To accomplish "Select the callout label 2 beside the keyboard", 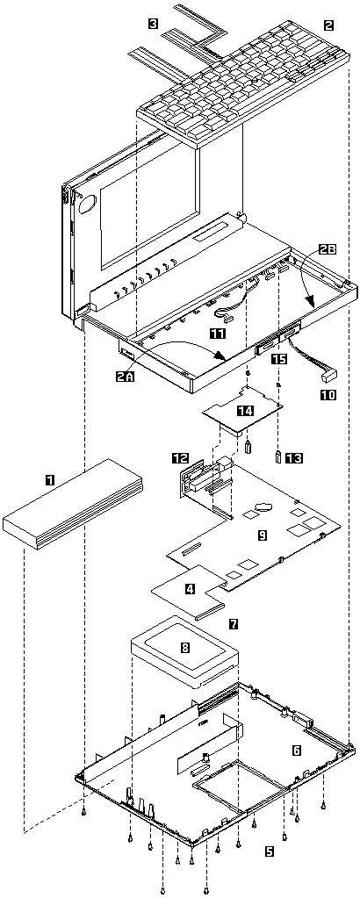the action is pyautogui.click(x=328, y=25).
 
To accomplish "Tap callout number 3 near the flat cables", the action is pyautogui.click(x=153, y=24).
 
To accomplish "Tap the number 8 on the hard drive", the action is pyautogui.click(x=184, y=648).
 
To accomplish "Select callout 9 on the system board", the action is pyautogui.click(x=262, y=535).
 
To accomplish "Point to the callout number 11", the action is pyautogui.click(x=217, y=333).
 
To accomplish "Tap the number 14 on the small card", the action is pyautogui.click(x=245, y=410).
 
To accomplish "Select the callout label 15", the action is pyautogui.click(x=278, y=359).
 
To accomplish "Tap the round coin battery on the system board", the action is pyautogui.click(x=263, y=506).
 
